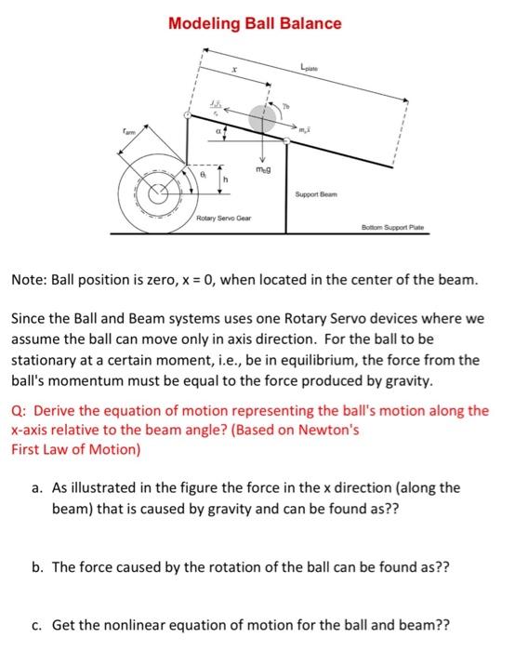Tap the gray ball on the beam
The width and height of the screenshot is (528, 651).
tap(264, 118)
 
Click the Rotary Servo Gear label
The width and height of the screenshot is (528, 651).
tap(218, 219)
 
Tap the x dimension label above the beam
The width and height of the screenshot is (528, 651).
tap(234, 70)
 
